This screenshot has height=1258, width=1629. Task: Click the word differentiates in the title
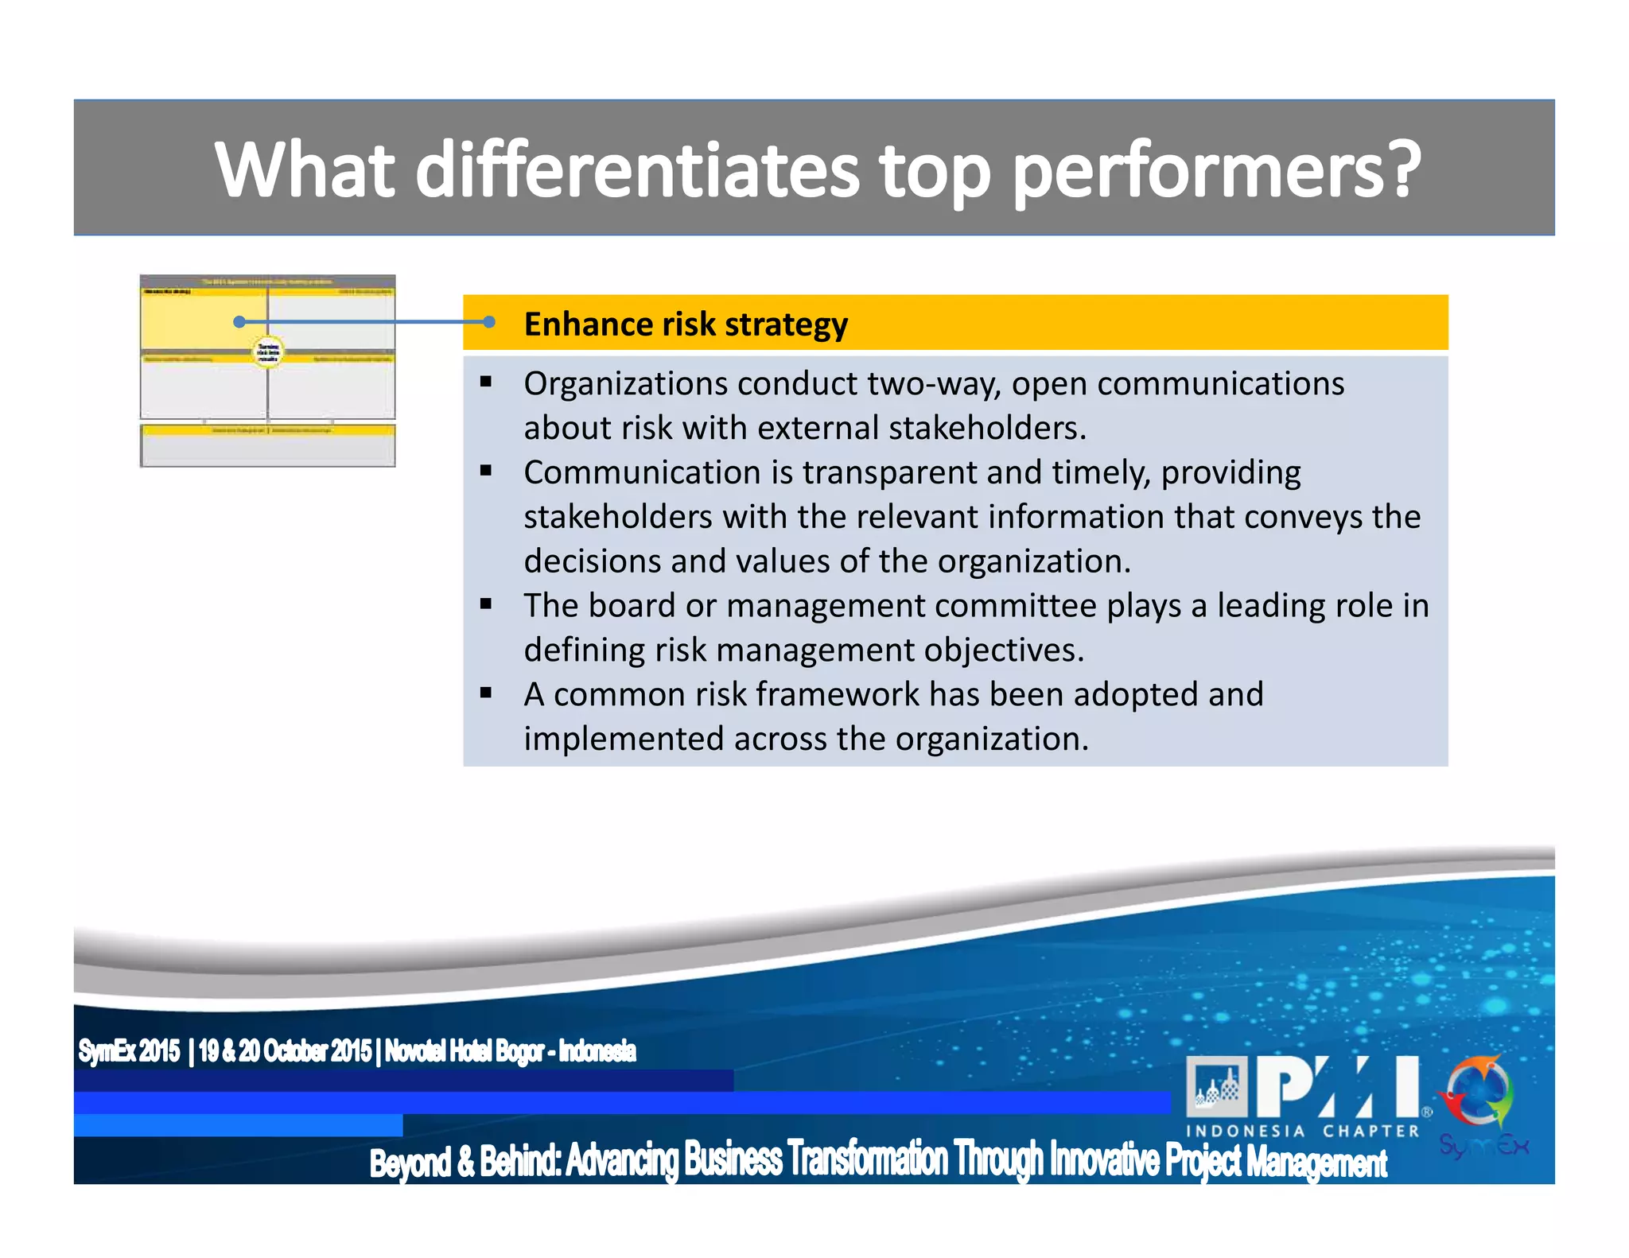click(x=636, y=170)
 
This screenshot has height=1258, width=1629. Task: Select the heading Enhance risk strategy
click(x=685, y=324)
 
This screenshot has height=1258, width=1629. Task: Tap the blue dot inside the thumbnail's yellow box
click(x=239, y=321)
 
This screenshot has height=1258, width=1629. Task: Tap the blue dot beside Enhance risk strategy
click(x=489, y=321)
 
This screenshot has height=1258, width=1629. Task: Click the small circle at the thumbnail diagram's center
click(x=268, y=351)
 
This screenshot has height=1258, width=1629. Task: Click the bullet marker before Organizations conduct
click(x=486, y=382)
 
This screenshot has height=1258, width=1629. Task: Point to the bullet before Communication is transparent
click(x=486, y=472)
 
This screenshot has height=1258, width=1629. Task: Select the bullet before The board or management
click(x=486, y=604)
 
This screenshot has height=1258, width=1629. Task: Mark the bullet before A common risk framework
click(x=486, y=693)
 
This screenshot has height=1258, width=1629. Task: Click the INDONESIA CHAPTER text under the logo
click(x=1302, y=1131)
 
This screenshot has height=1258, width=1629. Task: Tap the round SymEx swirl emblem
click(x=1479, y=1093)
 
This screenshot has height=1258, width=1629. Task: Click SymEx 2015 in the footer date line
click(x=129, y=1051)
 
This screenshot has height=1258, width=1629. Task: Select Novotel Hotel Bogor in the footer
click(x=465, y=1051)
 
